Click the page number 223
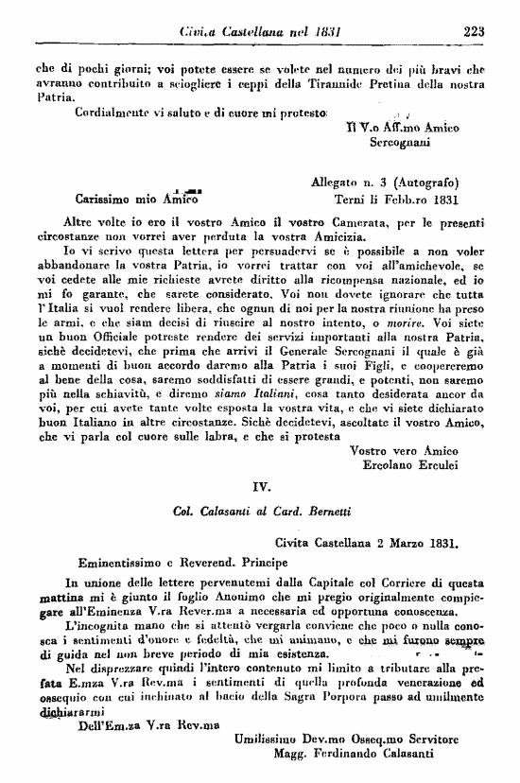(x=473, y=30)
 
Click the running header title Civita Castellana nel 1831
(x=252, y=30)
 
